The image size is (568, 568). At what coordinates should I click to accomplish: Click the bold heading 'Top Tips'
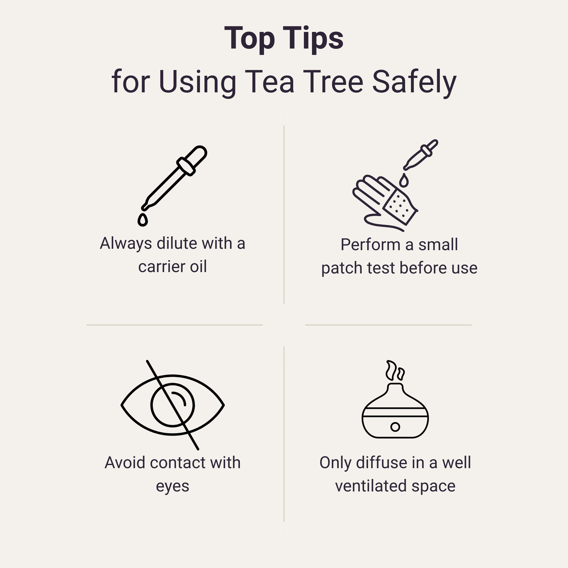pos(284,39)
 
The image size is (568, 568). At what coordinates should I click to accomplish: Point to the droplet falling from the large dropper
pos(143,220)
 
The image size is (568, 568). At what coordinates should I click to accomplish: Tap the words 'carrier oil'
pos(172,267)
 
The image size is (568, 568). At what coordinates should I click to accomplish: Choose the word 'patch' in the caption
pos(342,268)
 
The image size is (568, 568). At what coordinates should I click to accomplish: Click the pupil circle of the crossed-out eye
pos(173,405)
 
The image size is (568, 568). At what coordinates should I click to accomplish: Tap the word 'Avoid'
pos(125,463)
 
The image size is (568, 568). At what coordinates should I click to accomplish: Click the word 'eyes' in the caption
pos(172,487)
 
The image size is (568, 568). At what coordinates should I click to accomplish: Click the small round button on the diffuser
pos(395,427)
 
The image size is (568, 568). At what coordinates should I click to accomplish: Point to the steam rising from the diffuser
pos(394,371)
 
